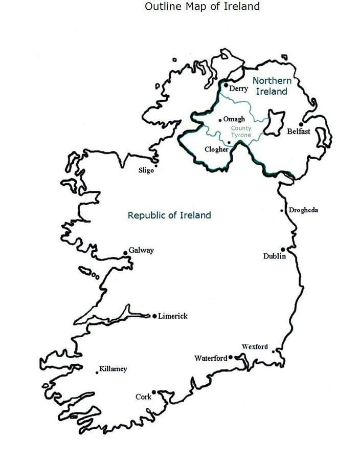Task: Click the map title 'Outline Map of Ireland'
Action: [202, 7]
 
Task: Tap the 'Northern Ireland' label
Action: [272, 86]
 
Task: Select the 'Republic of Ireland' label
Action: [169, 215]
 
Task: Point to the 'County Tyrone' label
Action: [241, 131]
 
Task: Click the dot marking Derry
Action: [226, 85]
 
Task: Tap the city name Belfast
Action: [299, 131]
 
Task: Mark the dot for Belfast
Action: [301, 124]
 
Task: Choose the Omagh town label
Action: [234, 119]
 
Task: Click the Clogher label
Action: [216, 150]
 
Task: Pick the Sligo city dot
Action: [156, 165]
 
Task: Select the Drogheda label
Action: [303, 210]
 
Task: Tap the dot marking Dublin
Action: [282, 250]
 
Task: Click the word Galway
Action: [141, 251]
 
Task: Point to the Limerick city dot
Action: [154, 316]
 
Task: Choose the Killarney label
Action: [113, 369]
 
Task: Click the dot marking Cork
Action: [153, 392]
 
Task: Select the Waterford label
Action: [210, 358]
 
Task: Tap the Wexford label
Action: [255, 347]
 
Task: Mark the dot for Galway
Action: [125, 253]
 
